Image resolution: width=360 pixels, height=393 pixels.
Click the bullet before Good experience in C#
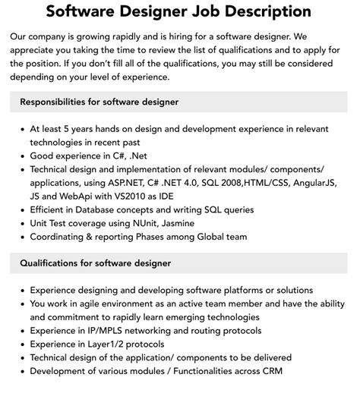pyautogui.click(x=21, y=156)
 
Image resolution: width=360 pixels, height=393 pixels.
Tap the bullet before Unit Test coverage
pyautogui.click(x=21, y=223)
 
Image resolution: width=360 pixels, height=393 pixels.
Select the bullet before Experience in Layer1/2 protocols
pyautogui.click(x=21, y=344)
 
